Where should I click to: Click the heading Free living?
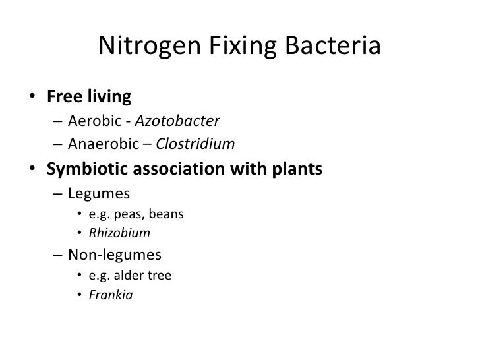click(89, 98)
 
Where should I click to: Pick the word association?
click(191, 169)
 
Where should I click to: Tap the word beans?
click(168, 215)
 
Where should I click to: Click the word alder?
click(127, 276)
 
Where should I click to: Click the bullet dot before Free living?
click(32, 98)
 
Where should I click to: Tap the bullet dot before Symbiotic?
click(32, 170)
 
